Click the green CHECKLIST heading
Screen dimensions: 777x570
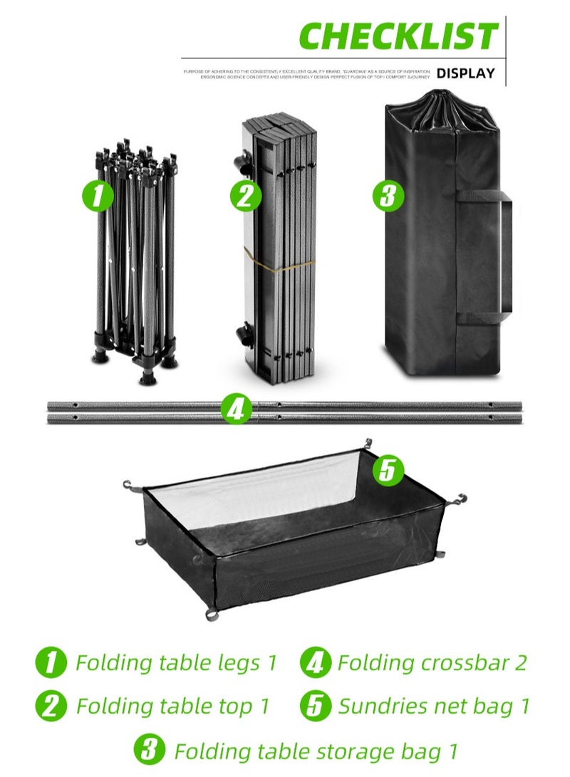click(398, 36)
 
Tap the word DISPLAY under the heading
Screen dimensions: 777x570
click(465, 73)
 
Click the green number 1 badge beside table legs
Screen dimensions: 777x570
click(98, 195)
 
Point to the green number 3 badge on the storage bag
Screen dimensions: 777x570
click(388, 195)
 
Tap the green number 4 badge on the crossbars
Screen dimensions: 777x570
click(237, 410)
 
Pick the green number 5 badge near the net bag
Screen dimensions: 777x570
click(388, 471)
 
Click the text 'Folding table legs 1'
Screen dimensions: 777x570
click(175, 663)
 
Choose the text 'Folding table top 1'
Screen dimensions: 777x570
click(173, 706)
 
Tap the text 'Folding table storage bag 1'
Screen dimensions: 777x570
click(316, 751)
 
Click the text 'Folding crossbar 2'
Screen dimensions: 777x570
click(432, 663)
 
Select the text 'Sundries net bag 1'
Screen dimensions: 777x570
click(434, 706)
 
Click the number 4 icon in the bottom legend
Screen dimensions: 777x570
click(316, 663)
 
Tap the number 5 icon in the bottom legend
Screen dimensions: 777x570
click(316, 706)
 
